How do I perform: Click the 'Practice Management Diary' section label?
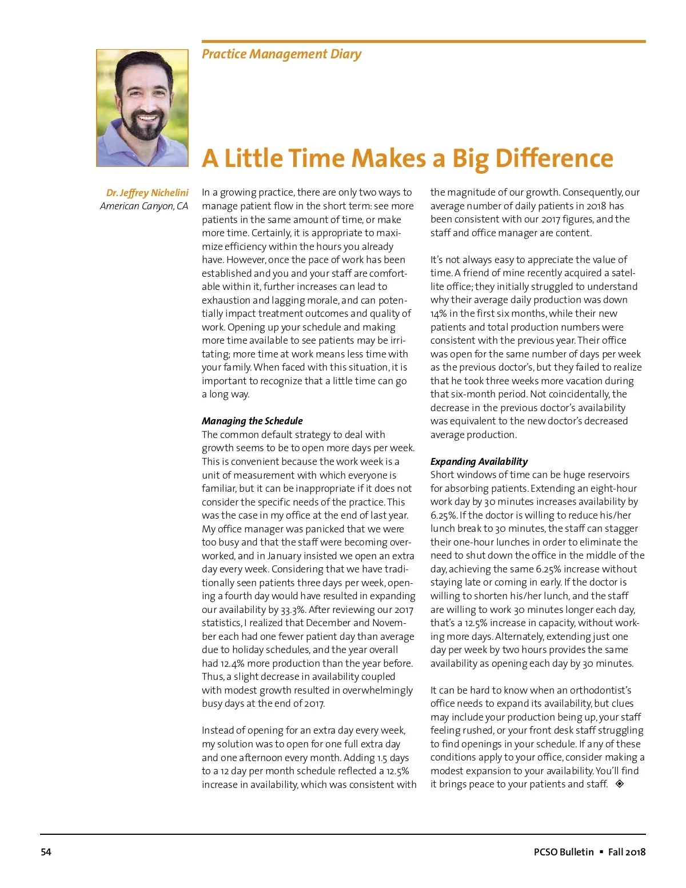point(281,54)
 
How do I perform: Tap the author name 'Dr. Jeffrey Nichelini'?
point(147,193)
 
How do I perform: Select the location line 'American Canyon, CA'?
point(143,206)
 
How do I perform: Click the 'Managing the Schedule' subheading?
point(252,421)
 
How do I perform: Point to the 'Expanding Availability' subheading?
point(479,461)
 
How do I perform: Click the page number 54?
point(46,852)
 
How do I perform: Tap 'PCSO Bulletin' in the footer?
point(564,852)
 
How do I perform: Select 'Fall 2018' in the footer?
point(627,852)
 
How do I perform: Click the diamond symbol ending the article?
point(620,784)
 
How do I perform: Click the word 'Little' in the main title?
point(256,158)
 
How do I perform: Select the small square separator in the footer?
point(601,852)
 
